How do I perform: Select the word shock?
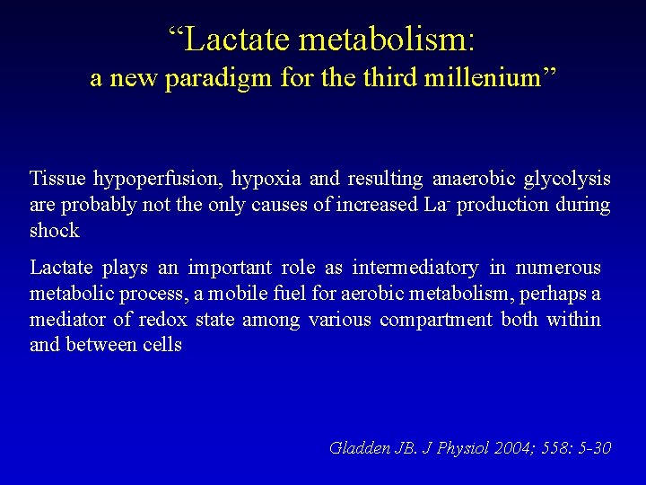tap(55, 230)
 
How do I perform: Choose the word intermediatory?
tap(415, 268)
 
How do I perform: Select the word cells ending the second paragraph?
tap(162, 345)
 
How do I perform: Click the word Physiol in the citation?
tap(456, 447)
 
